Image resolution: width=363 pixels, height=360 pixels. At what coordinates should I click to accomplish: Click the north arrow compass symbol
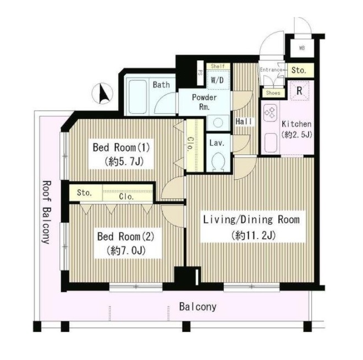click(102, 93)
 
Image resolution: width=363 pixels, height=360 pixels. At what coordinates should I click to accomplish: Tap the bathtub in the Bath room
click(137, 97)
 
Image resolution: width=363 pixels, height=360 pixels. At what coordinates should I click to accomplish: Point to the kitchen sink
click(271, 143)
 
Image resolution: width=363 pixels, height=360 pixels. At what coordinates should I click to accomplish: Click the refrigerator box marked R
click(299, 91)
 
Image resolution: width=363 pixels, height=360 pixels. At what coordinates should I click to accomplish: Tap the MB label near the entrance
click(302, 48)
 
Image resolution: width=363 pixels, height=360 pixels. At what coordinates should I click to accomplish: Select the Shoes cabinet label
click(273, 93)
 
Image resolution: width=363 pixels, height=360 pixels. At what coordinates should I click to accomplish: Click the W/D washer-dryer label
click(217, 80)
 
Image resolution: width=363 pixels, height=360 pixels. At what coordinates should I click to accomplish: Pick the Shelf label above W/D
click(218, 66)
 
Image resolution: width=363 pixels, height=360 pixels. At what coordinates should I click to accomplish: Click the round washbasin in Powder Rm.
click(218, 123)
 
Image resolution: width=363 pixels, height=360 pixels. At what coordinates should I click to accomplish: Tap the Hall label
click(244, 121)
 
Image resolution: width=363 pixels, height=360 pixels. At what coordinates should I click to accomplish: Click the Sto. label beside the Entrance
click(299, 70)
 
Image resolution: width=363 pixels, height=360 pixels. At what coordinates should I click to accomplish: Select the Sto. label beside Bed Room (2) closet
click(84, 192)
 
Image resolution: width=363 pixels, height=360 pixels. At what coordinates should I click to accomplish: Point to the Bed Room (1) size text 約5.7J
click(124, 161)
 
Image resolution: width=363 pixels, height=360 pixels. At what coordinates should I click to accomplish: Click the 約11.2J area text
click(253, 236)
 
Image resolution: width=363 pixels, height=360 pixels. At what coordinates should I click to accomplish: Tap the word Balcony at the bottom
click(197, 307)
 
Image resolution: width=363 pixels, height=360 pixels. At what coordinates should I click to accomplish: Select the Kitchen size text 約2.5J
click(296, 135)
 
